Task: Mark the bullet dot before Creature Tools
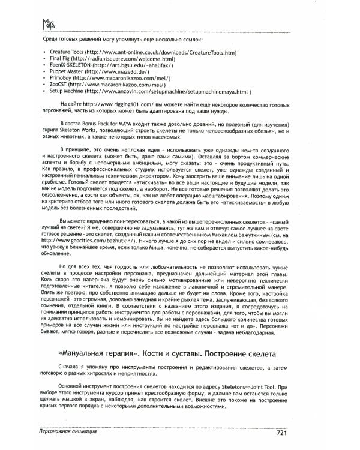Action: pos(45,53)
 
